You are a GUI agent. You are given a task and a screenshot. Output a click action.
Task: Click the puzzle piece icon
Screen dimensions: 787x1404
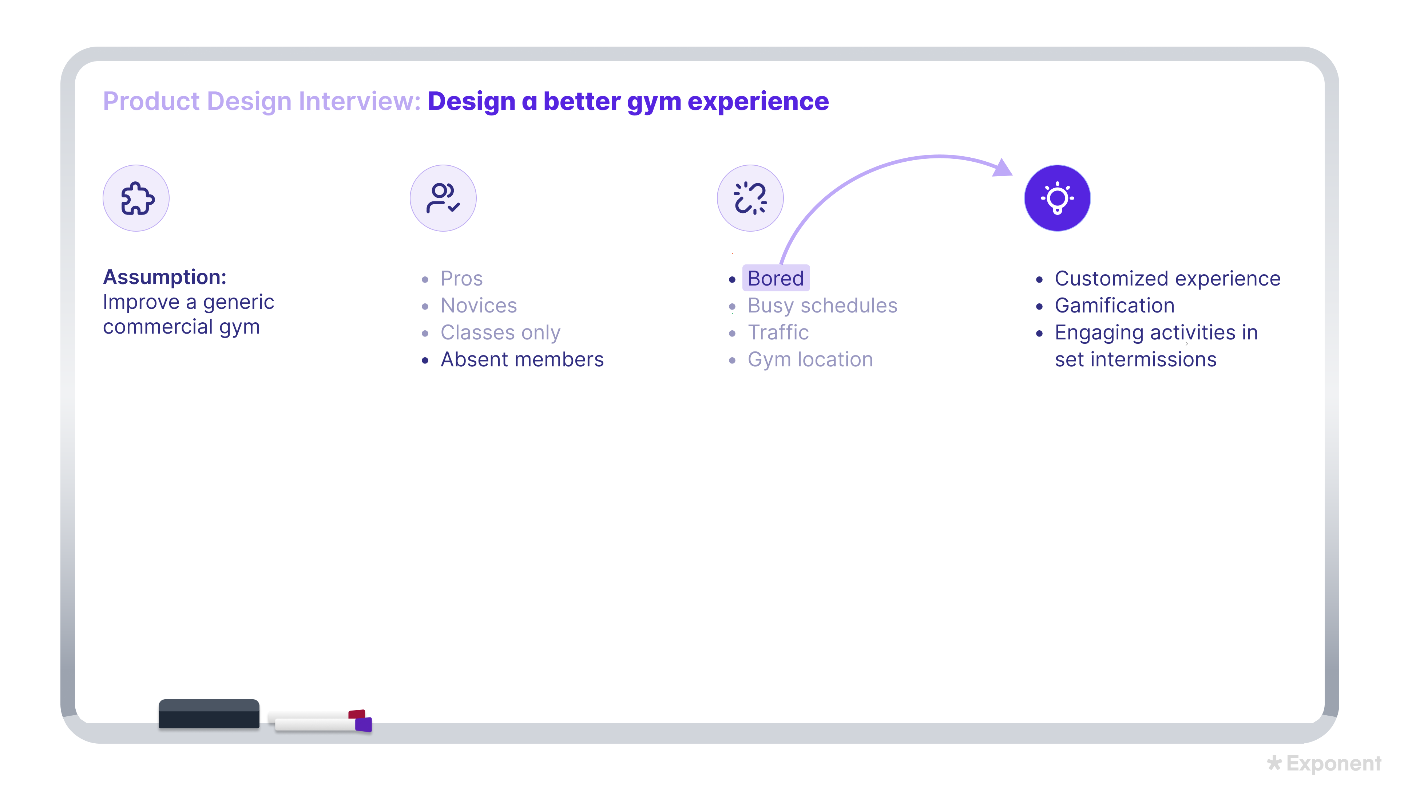136,198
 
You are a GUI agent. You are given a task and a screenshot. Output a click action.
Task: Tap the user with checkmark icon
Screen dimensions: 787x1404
443,198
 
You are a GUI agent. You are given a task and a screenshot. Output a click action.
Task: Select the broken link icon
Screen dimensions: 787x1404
750,198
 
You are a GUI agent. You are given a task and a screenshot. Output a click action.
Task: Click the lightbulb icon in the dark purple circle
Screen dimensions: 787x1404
1057,198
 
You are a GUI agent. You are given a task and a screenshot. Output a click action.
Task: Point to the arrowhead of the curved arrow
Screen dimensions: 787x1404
1003,168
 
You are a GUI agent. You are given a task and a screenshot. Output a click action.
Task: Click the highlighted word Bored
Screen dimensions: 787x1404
776,278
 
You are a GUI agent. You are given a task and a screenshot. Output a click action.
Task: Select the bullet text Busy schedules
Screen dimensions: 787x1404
822,306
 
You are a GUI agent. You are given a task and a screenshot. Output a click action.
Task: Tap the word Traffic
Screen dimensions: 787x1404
778,332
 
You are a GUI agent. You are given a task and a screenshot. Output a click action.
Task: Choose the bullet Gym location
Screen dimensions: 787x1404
810,359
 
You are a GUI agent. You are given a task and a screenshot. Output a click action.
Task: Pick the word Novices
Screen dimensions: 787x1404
479,306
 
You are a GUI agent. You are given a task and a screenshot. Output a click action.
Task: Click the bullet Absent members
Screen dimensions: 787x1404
521,359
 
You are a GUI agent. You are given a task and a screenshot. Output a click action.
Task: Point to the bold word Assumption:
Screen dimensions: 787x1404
164,277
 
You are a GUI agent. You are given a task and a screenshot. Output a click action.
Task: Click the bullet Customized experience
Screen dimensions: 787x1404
1167,278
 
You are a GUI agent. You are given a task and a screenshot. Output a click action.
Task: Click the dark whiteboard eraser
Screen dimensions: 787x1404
209,714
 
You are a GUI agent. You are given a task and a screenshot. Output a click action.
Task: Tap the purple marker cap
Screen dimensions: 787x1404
364,724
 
